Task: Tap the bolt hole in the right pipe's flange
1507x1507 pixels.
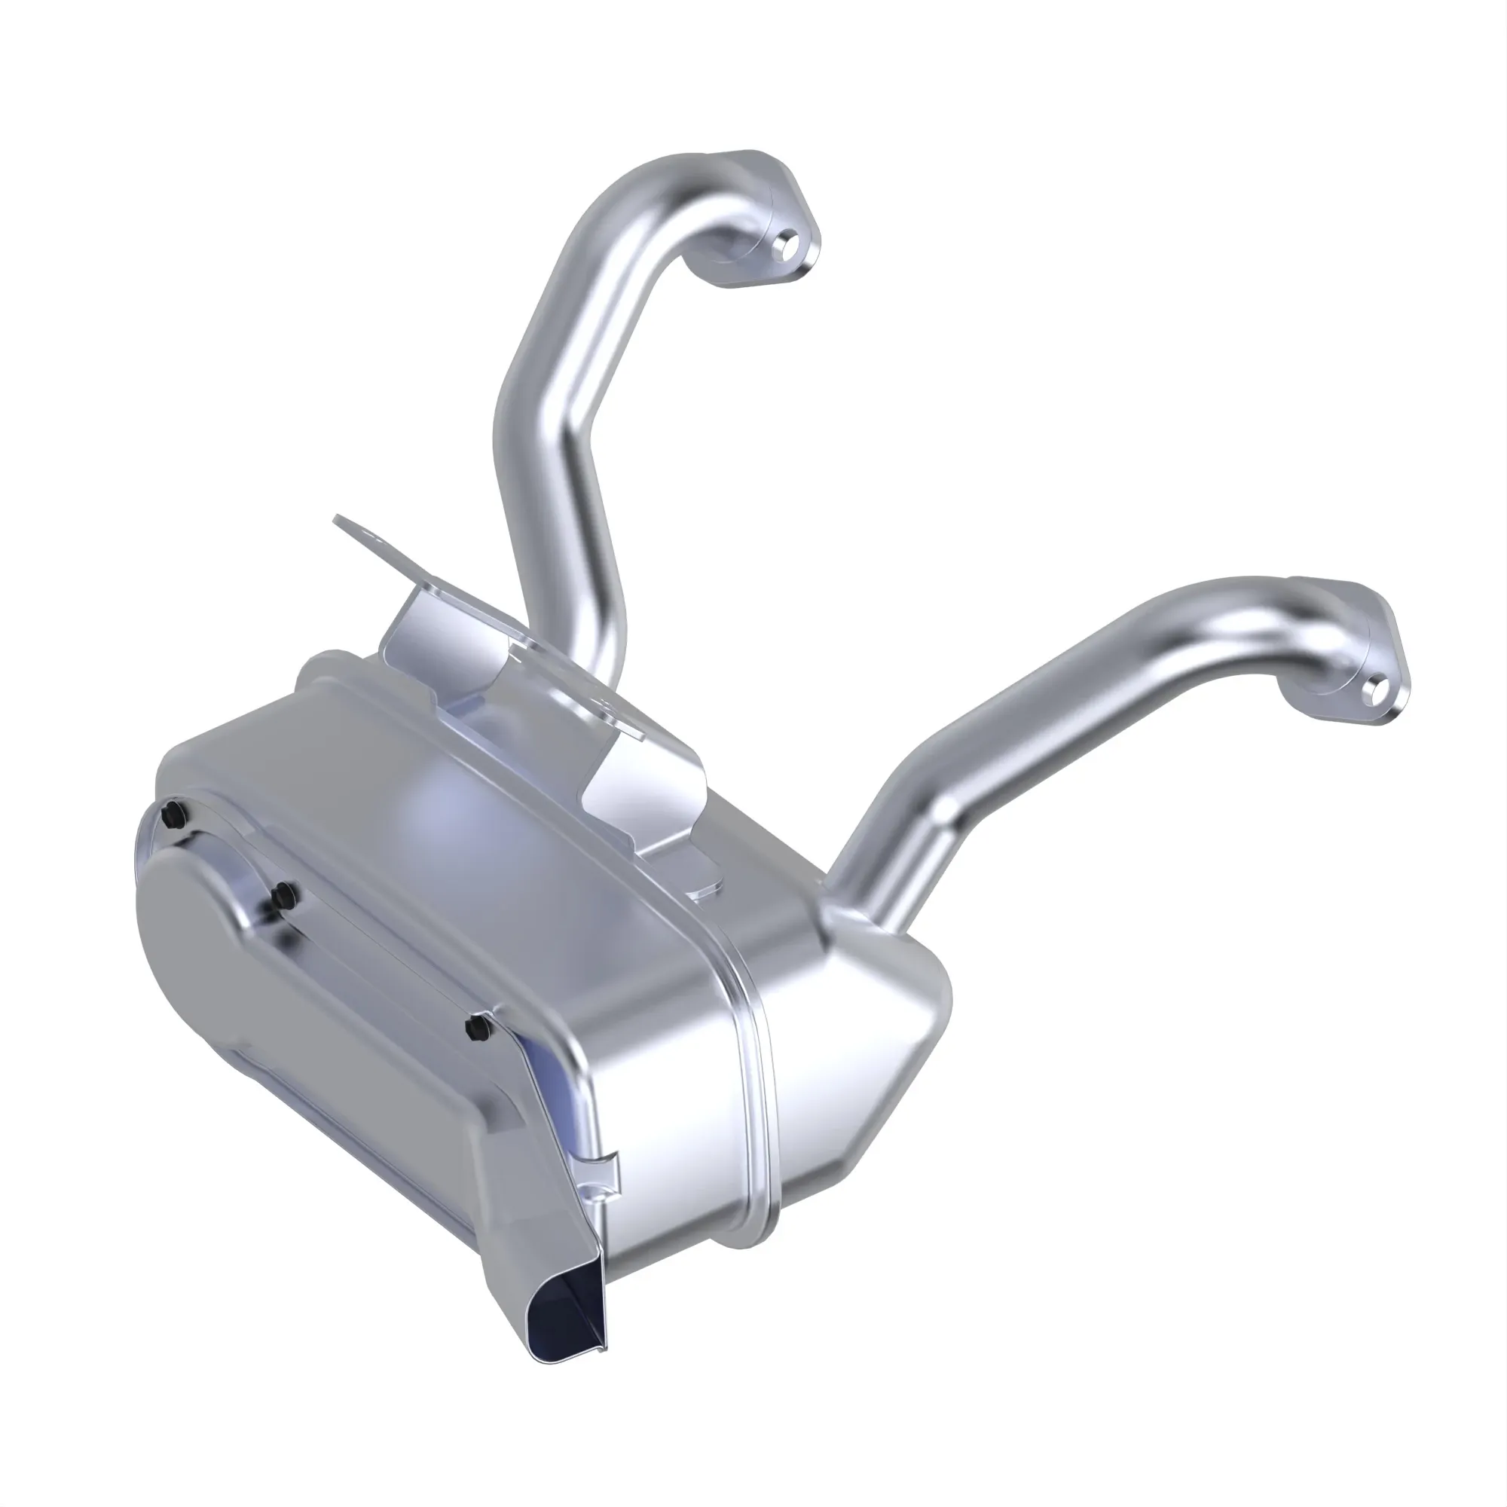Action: (x=1379, y=688)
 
